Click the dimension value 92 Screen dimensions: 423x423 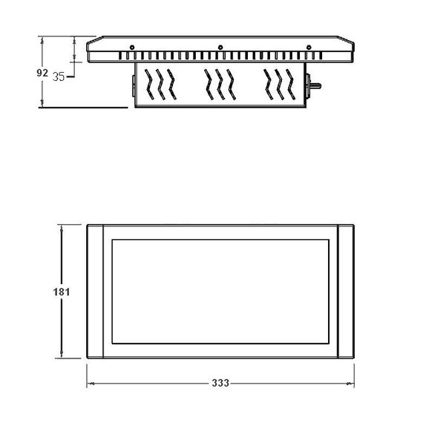42,73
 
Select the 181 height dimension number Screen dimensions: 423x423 62,292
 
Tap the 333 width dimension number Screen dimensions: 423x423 220,384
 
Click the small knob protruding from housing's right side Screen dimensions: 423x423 315,86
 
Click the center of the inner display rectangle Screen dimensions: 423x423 220,292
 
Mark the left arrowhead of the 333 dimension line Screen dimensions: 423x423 91,384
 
